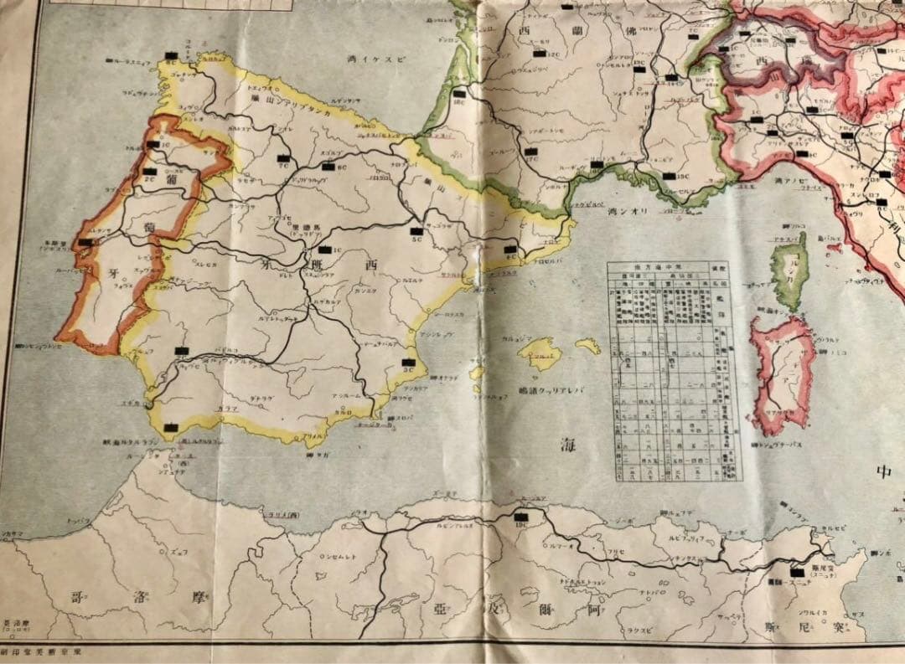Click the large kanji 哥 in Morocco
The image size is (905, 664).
(77, 599)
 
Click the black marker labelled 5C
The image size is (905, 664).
(416, 232)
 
